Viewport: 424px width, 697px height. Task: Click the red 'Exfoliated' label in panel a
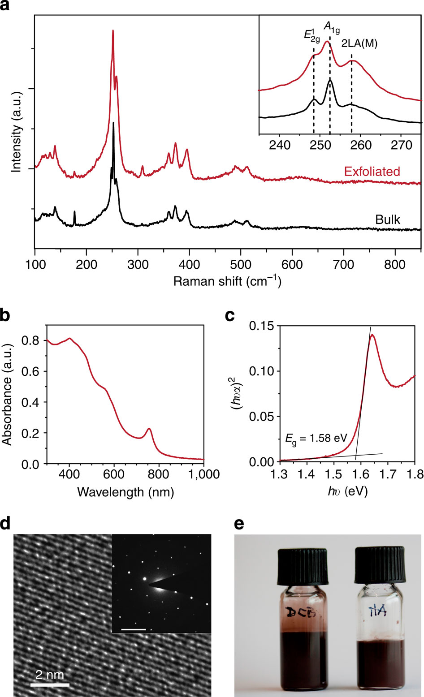point(372,171)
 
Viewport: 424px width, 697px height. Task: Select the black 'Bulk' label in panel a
point(388,219)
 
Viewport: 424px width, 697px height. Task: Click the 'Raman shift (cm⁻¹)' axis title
point(227,281)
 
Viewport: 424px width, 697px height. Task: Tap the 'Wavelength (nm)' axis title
point(125,492)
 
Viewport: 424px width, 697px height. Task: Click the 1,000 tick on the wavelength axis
point(204,474)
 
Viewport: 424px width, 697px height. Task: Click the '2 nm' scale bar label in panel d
point(50,674)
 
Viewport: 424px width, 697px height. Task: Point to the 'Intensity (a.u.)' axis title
point(17,142)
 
